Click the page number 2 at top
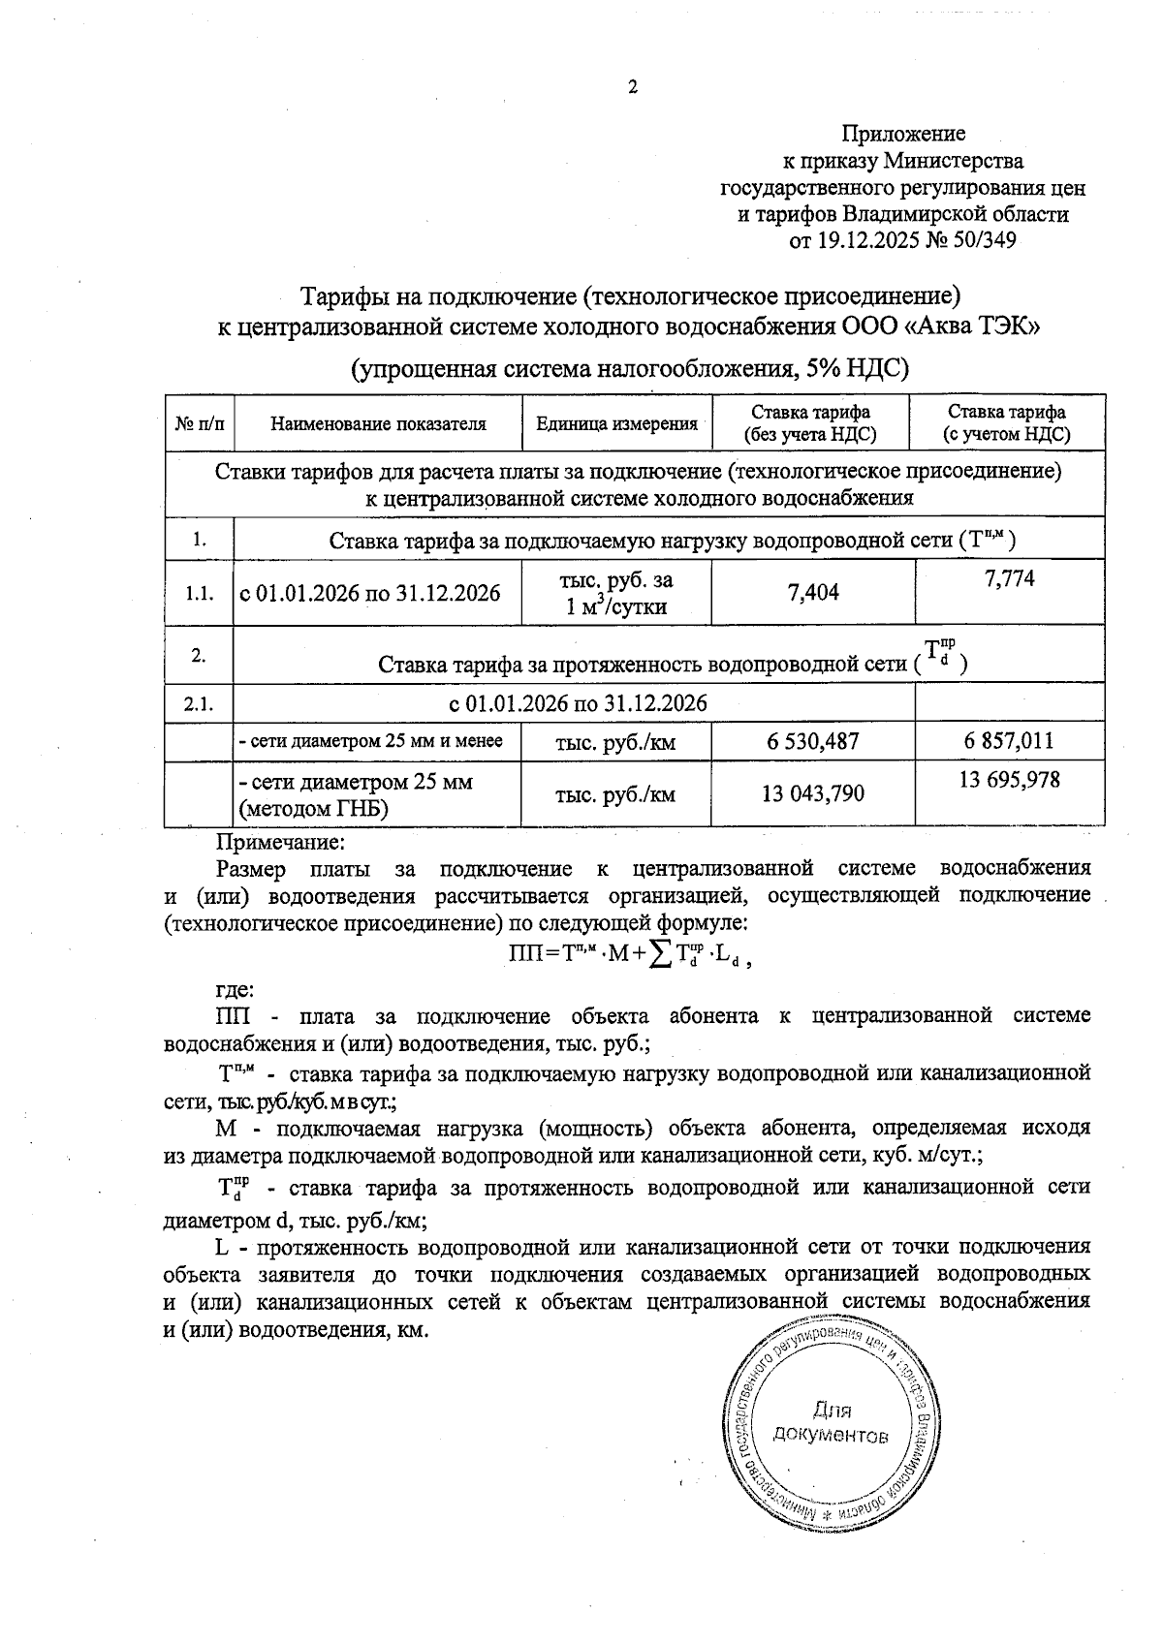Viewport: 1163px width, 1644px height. [x=634, y=88]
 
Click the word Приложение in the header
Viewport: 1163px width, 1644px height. [x=902, y=134]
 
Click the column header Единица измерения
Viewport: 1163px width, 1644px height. [x=616, y=423]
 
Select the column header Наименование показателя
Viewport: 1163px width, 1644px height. [x=378, y=423]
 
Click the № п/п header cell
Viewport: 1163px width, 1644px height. [x=201, y=423]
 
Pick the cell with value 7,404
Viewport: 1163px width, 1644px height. [x=814, y=592]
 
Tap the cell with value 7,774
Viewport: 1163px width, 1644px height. [x=1009, y=578]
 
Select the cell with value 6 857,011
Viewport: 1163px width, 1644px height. [x=1009, y=742]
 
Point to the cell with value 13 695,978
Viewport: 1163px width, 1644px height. [x=1009, y=780]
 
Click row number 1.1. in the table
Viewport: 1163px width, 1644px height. [x=200, y=593]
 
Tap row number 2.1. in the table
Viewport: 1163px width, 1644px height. [x=200, y=704]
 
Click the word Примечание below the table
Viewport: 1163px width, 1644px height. [x=280, y=843]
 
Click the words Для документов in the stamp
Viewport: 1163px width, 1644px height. [x=832, y=1422]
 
